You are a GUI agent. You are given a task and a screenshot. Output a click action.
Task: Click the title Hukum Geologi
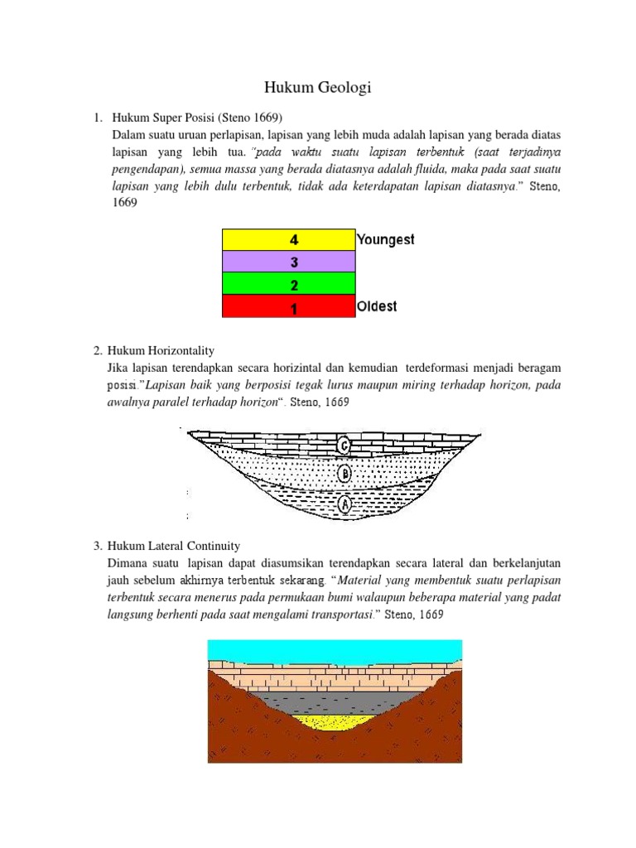(317, 88)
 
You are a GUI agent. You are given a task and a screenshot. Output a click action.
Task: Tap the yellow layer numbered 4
(288, 239)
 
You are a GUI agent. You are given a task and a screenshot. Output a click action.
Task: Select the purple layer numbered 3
(288, 262)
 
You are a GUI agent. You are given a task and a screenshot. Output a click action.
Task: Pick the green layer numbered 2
(288, 284)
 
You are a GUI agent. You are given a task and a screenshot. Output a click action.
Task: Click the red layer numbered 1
(288, 306)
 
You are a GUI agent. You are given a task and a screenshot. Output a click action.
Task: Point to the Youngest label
(386, 240)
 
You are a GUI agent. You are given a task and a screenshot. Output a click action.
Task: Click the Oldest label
(377, 306)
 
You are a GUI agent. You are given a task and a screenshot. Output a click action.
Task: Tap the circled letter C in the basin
(345, 446)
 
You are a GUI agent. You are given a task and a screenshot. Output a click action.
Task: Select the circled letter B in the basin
(345, 474)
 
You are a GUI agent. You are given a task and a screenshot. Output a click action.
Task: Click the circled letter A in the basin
(345, 502)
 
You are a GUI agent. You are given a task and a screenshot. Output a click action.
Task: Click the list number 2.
(98, 350)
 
